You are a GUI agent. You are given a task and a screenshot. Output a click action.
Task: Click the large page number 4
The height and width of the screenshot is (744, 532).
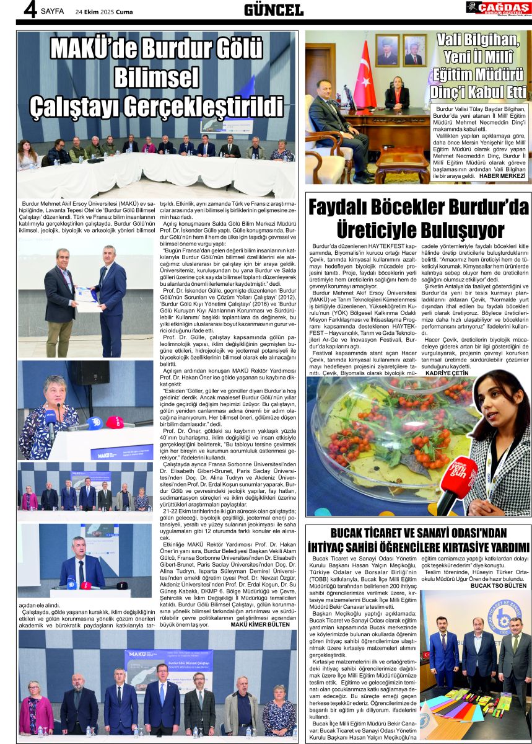click(x=30, y=10)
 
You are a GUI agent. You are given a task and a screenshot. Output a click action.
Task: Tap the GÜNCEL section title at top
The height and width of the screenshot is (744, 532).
click(x=273, y=10)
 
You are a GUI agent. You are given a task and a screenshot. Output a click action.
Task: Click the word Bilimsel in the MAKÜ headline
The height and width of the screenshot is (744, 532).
click(x=157, y=77)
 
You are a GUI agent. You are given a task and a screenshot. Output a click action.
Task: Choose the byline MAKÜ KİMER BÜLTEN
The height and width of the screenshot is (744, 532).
click(x=260, y=624)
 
